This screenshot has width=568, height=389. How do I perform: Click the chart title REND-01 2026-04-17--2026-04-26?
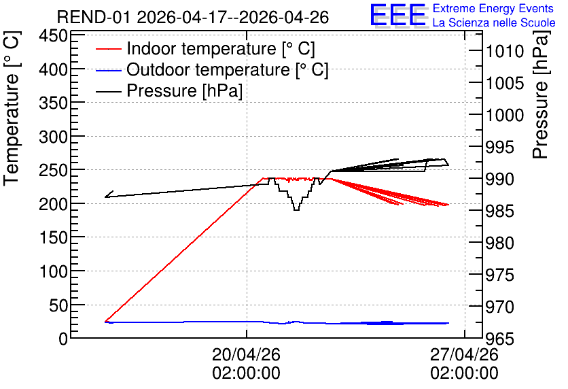click(193, 17)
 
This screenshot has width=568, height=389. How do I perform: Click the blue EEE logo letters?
click(398, 15)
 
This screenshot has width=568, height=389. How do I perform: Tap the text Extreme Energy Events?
click(493, 8)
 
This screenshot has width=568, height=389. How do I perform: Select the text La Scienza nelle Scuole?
click(494, 22)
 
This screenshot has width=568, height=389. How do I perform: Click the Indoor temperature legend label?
click(221, 48)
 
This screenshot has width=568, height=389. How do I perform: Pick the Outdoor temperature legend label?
click(228, 69)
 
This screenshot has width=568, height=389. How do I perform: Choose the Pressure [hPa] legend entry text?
click(184, 90)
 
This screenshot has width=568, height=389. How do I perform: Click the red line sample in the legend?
click(108, 49)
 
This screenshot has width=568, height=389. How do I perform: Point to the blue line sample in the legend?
click(108, 70)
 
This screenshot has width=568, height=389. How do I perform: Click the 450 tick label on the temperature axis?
click(54, 36)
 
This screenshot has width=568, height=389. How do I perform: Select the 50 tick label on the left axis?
click(58, 305)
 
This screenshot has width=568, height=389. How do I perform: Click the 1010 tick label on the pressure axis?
click(505, 52)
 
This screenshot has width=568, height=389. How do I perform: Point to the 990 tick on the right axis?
click(499, 179)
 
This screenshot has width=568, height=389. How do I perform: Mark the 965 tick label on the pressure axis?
click(499, 339)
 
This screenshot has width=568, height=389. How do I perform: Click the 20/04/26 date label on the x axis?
click(247, 354)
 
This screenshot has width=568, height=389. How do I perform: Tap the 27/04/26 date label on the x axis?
click(465, 354)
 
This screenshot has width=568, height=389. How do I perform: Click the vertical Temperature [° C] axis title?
click(12, 109)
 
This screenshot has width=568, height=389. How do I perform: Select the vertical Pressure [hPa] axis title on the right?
click(541, 95)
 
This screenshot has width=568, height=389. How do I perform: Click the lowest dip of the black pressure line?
click(296, 209)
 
